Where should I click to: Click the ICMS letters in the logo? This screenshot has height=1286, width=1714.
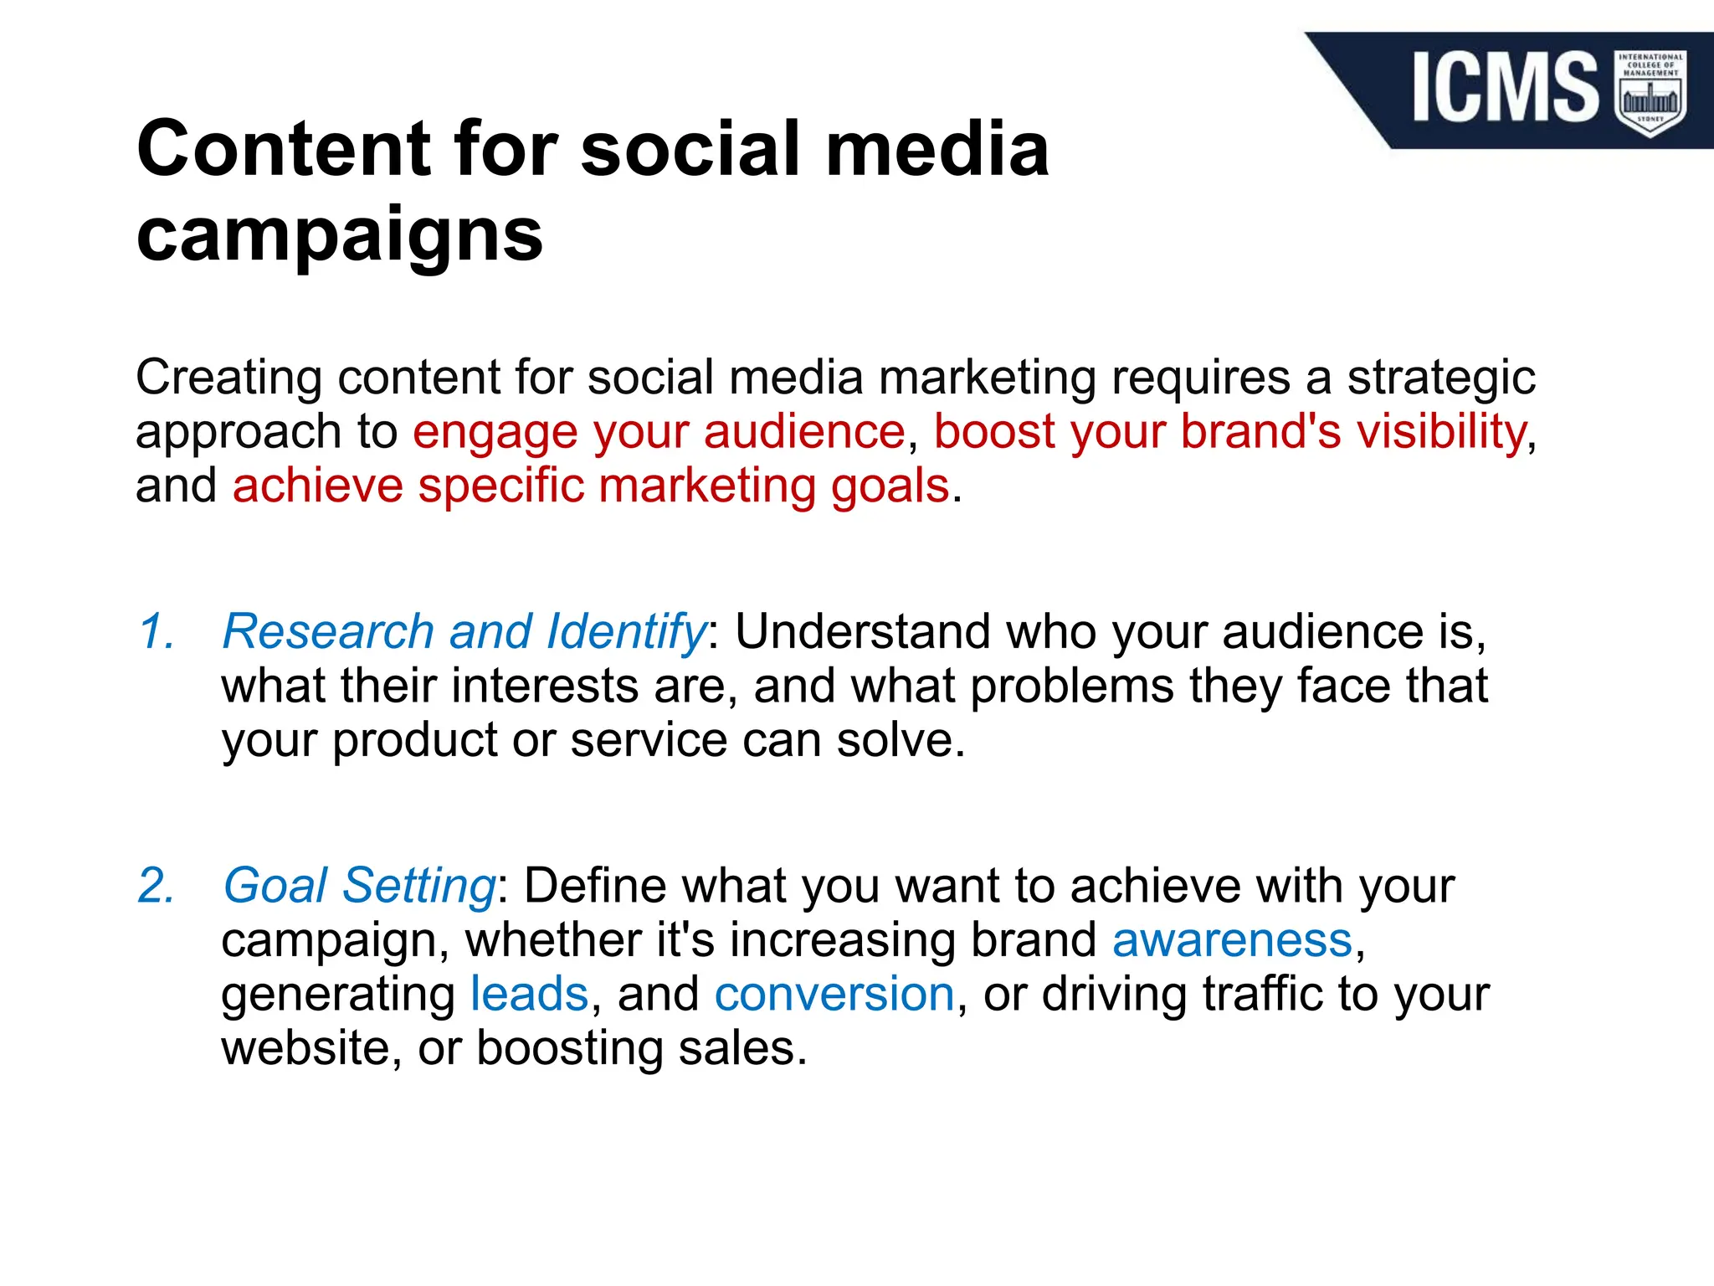[x=1505, y=87]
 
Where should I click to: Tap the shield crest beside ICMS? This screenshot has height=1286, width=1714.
[x=1650, y=92]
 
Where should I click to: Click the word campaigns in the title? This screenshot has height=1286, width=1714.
[x=340, y=234]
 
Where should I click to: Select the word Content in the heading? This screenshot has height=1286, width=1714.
[x=284, y=149]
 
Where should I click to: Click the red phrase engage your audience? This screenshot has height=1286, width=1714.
[x=659, y=432]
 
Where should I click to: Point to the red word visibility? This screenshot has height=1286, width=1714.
[x=1441, y=432]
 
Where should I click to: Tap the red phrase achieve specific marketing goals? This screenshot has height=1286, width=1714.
[x=591, y=486]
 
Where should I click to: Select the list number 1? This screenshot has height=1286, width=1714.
[x=157, y=631]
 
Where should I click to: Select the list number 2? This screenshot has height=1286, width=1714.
[x=157, y=886]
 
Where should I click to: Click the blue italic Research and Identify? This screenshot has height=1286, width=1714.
[x=464, y=631]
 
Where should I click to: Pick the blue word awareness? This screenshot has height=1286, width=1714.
[x=1232, y=940]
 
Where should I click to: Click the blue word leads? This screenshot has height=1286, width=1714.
[x=530, y=995]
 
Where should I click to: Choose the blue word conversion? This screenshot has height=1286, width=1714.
[x=834, y=995]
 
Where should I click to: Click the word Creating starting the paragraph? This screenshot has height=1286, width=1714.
[x=228, y=378]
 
